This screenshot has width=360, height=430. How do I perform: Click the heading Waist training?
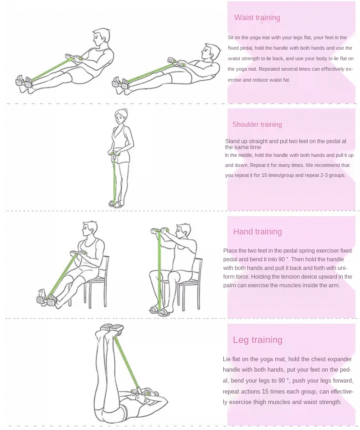[257, 17]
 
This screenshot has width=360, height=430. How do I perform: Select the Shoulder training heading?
[257, 124]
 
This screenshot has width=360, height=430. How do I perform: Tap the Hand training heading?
[257, 232]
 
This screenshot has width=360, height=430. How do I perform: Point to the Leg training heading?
[257, 340]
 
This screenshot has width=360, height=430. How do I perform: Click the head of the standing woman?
[121, 116]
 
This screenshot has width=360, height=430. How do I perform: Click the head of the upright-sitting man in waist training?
[101, 37]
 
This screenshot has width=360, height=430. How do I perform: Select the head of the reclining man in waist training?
[211, 52]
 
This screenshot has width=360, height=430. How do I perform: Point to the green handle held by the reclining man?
[177, 62]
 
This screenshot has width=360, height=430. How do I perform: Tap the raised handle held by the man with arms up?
[160, 230]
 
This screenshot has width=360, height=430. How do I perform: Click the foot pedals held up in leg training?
[112, 328]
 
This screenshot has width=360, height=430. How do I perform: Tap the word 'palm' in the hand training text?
[229, 285]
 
